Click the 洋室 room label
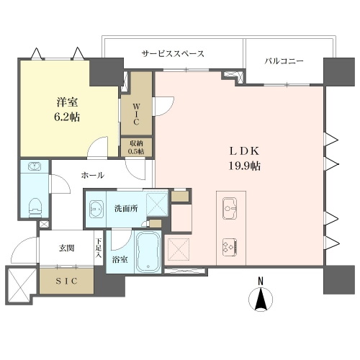[x=68, y=102]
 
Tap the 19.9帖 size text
[x=245, y=166]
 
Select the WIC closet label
[x=136, y=114]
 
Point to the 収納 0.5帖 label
[x=136, y=147]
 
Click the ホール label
[x=93, y=176]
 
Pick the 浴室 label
[x=120, y=259]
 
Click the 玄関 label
[x=66, y=248]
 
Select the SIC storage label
[x=67, y=281]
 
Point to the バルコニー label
[x=284, y=61]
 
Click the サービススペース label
[x=173, y=54]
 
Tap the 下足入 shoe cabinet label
[x=98, y=248]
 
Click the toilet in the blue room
[x=35, y=207]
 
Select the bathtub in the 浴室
[x=148, y=252]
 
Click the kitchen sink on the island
[x=230, y=208]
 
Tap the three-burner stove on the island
[x=230, y=248]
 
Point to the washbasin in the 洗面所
[x=96, y=209]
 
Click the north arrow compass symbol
[x=261, y=300]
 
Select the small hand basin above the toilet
[x=35, y=166]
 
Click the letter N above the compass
[x=261, y=281]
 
